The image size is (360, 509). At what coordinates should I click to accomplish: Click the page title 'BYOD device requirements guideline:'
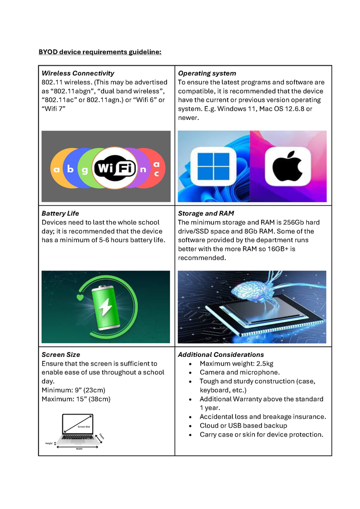coord(100,52)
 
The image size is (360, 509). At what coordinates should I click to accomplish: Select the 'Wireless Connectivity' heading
coord(78,73)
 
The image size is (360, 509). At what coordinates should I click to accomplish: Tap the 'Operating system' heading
coord(207,73)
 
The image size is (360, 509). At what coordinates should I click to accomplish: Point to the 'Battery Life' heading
coord(60,213)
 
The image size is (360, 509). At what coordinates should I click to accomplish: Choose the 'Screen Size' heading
coord(61,355)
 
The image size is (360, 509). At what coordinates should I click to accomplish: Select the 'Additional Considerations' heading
coord(221,355)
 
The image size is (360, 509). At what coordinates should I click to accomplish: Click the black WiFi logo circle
coord(115,168)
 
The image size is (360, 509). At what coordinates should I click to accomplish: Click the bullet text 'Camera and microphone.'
coord(240,372)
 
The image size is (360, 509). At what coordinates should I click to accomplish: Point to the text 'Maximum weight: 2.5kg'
coord(236,364)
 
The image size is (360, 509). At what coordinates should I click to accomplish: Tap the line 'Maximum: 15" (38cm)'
coord(76,399)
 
